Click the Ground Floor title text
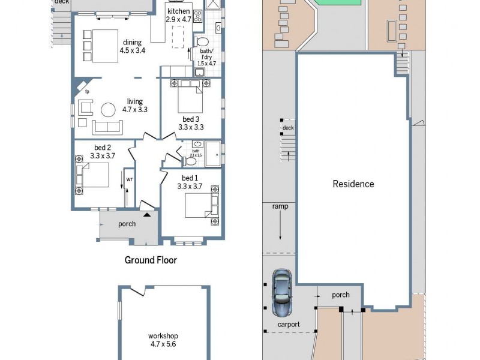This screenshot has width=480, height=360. click(151, 260)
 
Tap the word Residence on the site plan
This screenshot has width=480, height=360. click(353, 184)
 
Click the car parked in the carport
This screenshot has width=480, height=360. click(281, 292)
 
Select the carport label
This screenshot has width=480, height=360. click(288, 325)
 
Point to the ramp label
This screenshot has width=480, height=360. click(280, 206)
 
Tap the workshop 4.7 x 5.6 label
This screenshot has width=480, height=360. click(163, 340)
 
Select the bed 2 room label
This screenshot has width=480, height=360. click(102, 152)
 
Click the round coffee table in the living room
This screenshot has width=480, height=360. click(109, 110)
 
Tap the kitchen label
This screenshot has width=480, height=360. click(179, 16)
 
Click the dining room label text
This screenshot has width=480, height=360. click(132, 46)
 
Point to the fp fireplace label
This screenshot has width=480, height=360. click(86, 92)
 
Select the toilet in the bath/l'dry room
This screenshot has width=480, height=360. click(202, 42)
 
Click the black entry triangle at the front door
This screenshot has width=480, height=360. click(148, 215)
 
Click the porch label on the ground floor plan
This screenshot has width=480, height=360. click(127, 224)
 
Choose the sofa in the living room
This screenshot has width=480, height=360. click(107, 127)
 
